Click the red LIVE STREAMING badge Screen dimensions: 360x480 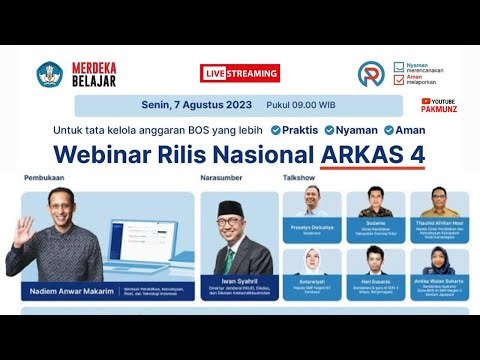coord(240,73)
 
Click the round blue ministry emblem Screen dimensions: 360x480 coord(49,74)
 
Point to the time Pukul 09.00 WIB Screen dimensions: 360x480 coord(300,105)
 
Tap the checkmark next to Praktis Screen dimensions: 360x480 coord(274,130)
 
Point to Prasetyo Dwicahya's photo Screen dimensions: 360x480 coord(311,203)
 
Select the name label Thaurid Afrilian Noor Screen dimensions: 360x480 coord(437,223)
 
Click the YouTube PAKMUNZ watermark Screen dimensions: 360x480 coord(439,105)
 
